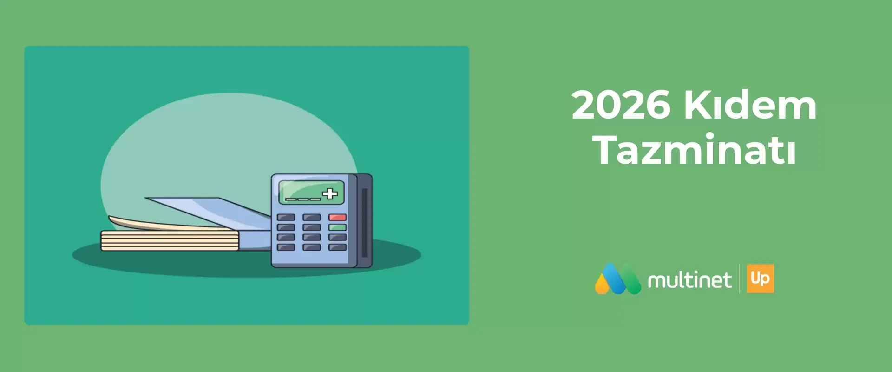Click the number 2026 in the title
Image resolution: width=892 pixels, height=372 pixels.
point(621,105)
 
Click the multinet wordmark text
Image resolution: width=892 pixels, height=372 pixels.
point(689,279)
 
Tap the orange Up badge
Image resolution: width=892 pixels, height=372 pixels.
point(761,279)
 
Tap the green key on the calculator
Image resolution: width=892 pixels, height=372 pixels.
point(337,227)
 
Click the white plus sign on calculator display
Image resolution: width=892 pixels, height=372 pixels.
point(330,193)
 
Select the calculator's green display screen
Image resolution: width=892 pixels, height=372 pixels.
point(311,193)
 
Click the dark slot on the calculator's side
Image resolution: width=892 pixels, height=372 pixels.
point(365,223)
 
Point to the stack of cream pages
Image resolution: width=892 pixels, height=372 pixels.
point(170,241)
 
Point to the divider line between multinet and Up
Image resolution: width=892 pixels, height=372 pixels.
point(740,279)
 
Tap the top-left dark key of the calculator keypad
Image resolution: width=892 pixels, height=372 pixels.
point(286,217)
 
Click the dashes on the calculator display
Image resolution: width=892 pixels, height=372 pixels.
point(302,199)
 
